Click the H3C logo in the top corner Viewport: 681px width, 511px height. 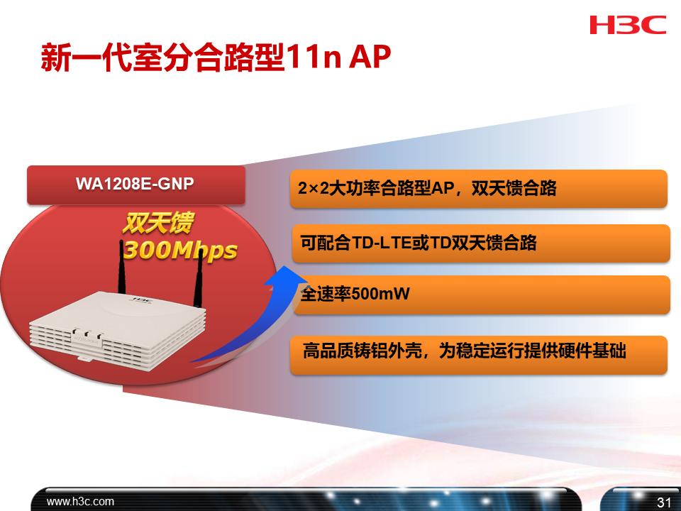point(627,26)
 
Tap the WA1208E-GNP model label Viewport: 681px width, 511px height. point(135,184)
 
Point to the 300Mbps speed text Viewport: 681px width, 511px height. point(180,251)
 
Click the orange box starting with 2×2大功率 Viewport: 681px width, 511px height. point(479,189)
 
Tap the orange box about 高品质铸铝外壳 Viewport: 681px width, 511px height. point(479,351)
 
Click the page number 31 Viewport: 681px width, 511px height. point(664,502)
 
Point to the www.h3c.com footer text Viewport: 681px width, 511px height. point(80,501)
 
